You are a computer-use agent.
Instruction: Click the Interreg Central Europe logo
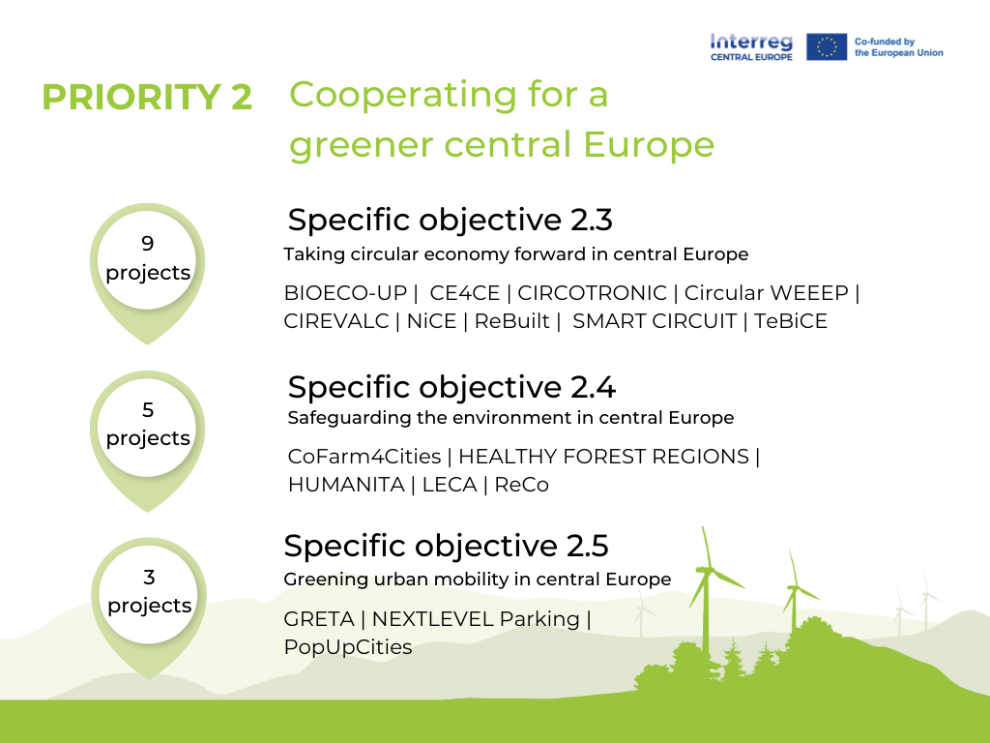(751, 46)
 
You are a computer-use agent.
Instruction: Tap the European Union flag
(827, 46)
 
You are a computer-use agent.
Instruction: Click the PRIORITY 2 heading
(147, 98)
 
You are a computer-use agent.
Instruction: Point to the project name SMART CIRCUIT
(655, 321)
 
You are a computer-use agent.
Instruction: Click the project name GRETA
(319, 619)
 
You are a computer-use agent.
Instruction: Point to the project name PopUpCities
(348, 647)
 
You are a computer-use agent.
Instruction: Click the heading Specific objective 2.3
(450, 220)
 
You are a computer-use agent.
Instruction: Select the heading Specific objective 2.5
(446, 546)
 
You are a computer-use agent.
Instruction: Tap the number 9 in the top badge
(148, 244)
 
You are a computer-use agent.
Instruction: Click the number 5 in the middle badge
(148, 410)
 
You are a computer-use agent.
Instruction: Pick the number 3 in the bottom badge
(149, 578)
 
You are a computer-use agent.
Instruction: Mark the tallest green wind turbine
(707, 590)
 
